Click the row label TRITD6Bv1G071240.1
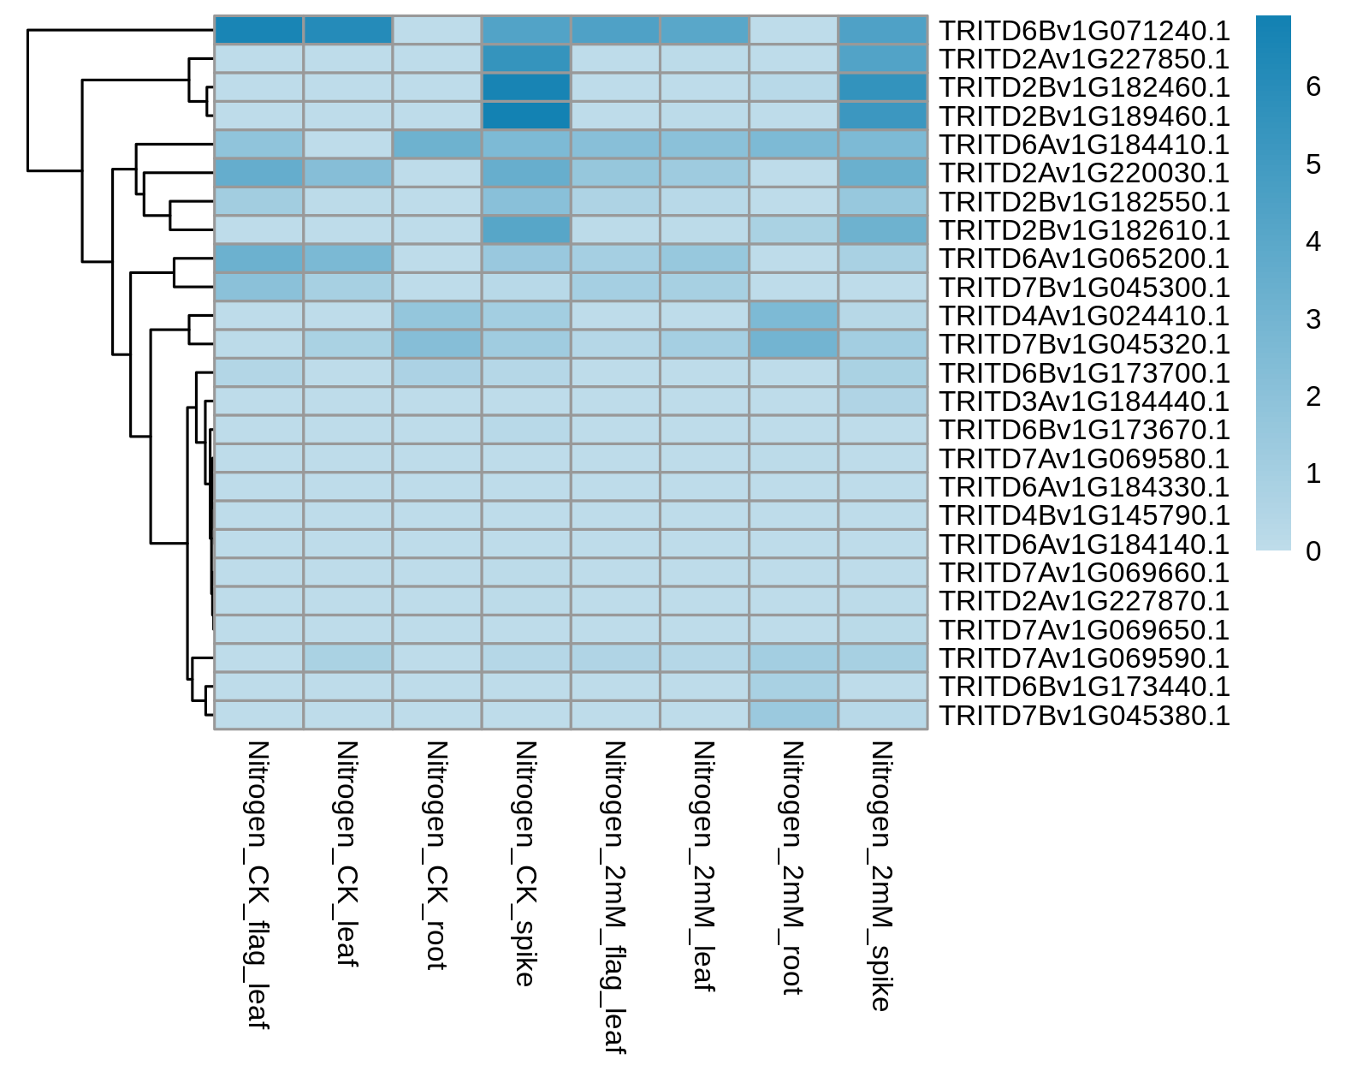1084,30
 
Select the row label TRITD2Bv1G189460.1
1084,116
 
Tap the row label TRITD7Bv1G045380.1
1084,716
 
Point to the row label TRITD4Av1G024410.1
1084,315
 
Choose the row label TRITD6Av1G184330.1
1084,487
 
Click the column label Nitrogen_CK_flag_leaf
258,885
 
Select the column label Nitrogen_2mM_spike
881,877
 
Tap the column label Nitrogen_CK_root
436,855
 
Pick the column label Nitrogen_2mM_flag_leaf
615,898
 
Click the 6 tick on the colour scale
1313,86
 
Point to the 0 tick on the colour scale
1313,551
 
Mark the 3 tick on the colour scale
1313,319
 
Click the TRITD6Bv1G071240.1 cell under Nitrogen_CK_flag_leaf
258,30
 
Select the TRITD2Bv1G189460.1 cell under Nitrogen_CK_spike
526,116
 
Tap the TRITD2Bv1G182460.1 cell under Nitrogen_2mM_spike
883,87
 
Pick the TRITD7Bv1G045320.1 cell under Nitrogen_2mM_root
793,344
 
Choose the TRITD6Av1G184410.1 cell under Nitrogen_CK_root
437,145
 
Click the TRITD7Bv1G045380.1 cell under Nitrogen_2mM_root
793,715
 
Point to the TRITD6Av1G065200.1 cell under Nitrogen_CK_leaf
347,259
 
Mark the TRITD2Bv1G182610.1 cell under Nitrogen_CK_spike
526,230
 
